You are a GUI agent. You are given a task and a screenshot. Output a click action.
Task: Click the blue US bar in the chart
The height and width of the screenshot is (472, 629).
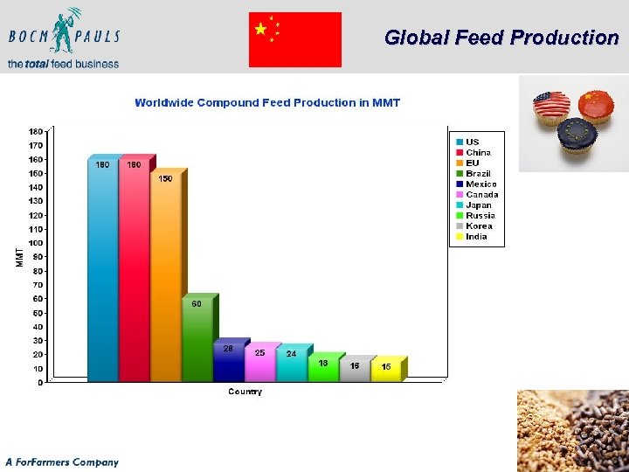102,271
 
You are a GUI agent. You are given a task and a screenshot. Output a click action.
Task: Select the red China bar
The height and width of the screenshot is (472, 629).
134,271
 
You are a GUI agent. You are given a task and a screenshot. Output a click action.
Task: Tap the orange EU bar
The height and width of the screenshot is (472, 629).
165,280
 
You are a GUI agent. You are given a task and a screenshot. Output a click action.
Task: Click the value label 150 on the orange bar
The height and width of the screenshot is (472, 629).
165,178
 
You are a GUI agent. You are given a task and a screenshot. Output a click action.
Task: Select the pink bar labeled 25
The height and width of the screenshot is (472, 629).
259,363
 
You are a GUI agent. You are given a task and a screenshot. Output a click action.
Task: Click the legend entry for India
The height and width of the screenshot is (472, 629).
476,237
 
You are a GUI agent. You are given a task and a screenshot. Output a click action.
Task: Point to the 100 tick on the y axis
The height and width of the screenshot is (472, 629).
36,243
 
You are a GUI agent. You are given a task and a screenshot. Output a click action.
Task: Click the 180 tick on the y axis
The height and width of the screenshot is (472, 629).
36,132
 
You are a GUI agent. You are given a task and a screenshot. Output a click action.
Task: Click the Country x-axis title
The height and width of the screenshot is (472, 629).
245,392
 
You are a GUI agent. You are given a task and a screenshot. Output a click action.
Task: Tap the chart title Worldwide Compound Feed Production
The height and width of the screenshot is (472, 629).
267,103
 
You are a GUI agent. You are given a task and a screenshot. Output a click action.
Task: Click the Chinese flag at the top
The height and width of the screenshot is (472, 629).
294,39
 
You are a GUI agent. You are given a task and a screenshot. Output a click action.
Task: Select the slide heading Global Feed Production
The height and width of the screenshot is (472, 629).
501,38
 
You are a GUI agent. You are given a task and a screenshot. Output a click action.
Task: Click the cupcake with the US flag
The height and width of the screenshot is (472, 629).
551,108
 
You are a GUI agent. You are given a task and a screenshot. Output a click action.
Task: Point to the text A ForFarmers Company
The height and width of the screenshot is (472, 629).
62,462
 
